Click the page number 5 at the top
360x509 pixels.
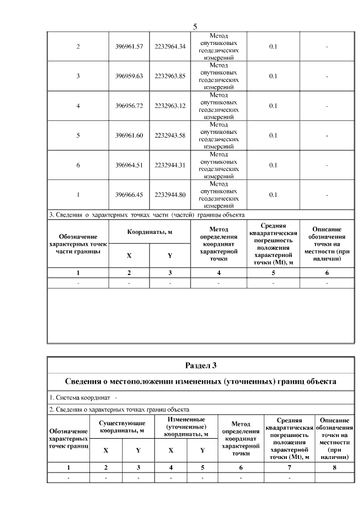(195, 26)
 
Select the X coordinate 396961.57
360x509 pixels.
(129, 46)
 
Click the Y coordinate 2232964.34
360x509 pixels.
(170, 46)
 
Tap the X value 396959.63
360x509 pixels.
(129, 76)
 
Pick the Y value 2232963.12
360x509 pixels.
(170, 106)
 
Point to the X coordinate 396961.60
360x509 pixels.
(129, 136)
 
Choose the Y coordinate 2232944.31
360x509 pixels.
(170, 165)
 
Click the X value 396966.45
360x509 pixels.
(129, 195)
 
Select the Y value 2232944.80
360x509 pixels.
(170, 195)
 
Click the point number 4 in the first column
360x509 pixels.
(78, 106)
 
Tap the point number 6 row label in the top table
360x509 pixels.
(78, 165)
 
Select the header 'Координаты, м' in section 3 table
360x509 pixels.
(150, 232)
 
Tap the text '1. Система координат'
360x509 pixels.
(78, 398)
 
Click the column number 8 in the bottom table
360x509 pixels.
(335, 467)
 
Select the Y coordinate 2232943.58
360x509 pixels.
(170, 136)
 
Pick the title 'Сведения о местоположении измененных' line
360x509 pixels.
(201, 382)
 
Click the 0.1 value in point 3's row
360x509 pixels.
(273, 76)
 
